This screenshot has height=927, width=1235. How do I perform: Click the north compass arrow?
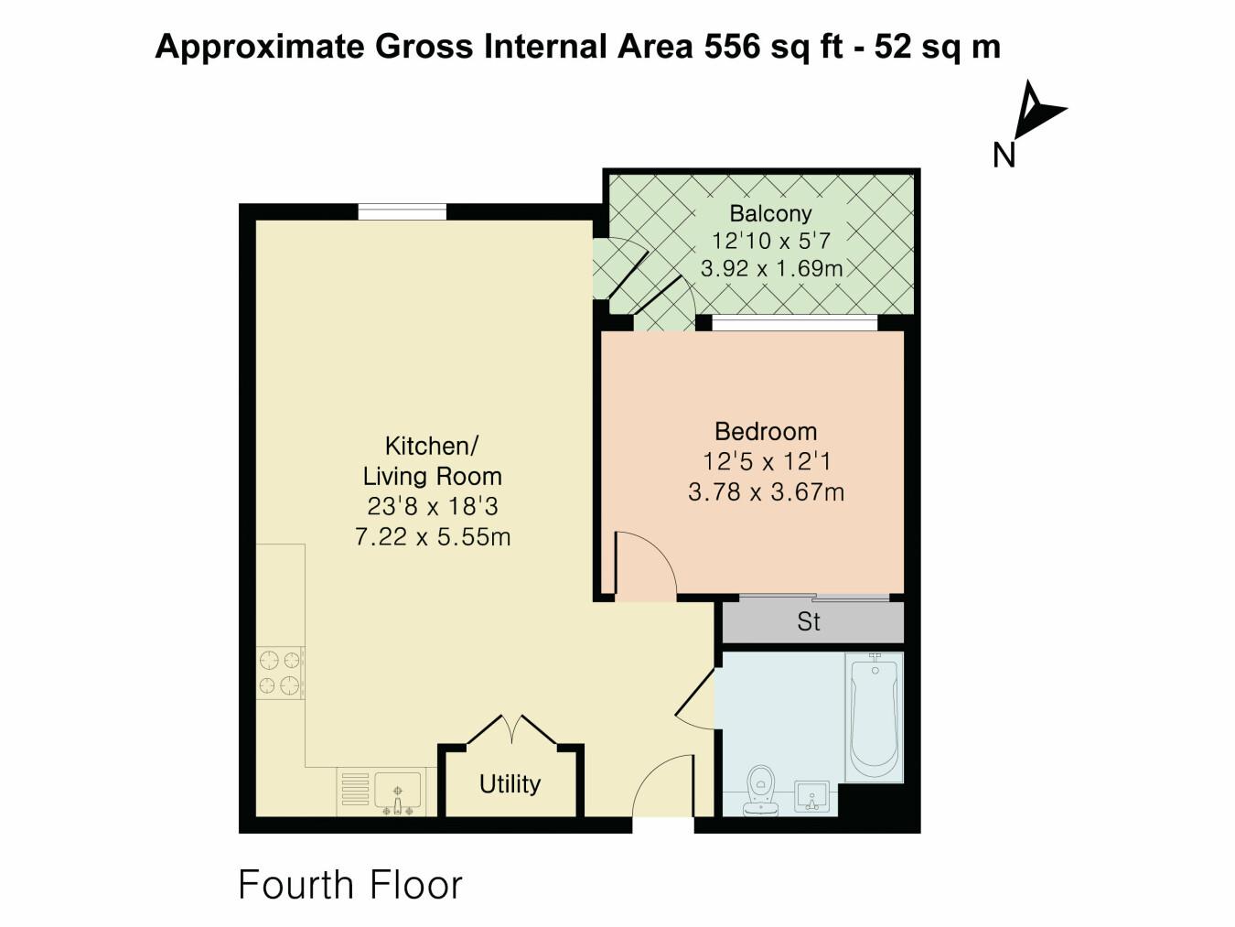click(1037, 110)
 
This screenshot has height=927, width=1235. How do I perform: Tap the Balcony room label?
click(770, 214)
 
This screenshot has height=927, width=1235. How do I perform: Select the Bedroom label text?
click(766, 431)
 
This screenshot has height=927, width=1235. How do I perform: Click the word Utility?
click(510, 784)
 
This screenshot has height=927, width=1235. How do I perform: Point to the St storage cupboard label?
click(809, 622)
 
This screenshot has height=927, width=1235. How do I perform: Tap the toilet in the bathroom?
click(760, 790)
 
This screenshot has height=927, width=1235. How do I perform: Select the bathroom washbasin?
click(812, 797)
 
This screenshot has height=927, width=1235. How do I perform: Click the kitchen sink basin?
click(398, 789)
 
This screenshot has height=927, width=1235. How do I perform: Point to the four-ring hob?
click(280, 673)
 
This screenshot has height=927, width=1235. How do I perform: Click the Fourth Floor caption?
click(350, 885)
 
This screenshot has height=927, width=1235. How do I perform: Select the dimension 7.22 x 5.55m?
click(432, 537)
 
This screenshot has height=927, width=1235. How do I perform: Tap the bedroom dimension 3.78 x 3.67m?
click(766, 492)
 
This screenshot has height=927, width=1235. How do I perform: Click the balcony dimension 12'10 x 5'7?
click(770, 242)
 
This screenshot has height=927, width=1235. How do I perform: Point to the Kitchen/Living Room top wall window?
click(402, 212)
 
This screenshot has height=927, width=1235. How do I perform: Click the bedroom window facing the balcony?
click(794, 322)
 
